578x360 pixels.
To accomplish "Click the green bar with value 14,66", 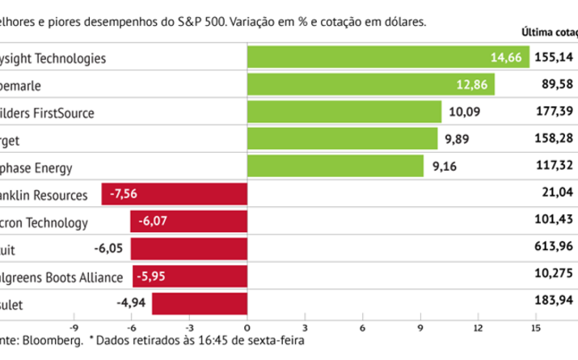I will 387,57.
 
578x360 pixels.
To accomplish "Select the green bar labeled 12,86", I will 370,85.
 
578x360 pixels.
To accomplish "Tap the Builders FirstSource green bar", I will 344,112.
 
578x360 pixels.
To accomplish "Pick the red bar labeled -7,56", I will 174,194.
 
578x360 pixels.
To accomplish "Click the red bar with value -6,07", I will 188,222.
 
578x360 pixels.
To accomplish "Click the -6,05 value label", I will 110,249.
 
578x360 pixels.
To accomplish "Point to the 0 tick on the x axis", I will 247,328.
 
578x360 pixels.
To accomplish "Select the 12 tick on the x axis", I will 478,328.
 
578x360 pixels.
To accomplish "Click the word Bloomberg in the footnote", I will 55,343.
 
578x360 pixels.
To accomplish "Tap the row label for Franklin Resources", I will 44,194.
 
